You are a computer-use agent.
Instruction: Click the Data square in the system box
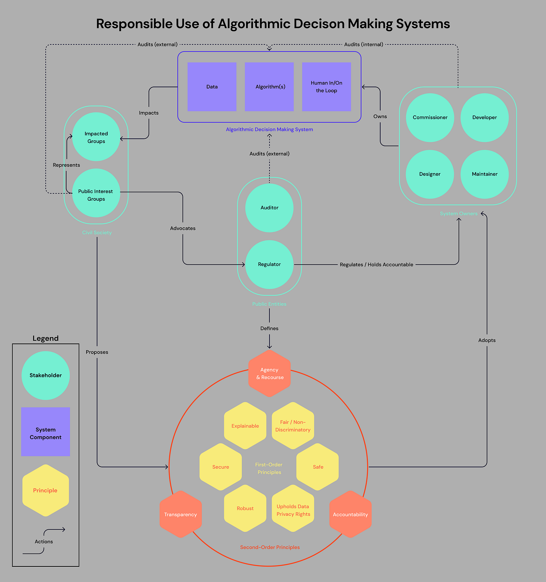click(x=212, y=87)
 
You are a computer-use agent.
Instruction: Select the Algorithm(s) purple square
click(x=269, y=87)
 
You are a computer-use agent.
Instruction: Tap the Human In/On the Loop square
click(x=326, y=87)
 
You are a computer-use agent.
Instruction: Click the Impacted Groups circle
click(x=96, y=137)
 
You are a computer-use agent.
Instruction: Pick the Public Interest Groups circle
click(x=96, y=193)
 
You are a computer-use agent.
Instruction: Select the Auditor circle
click(x=269, y=208)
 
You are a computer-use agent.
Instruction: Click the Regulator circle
click(x=269, y=264)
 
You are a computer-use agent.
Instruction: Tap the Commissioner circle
click(x=430, y=117)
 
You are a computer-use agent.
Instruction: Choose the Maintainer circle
click(x=484, y=174)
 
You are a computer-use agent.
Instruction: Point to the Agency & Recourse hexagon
click(x=269, y=373)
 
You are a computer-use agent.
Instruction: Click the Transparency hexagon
click(x=181, y=515)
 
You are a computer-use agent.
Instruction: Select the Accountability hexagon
click(x=350, y=515)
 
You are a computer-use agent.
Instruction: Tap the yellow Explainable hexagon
click(x=245, y=426)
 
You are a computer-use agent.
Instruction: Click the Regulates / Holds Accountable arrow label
click(x=376, y=265)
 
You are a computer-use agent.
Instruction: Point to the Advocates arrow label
click(x=183, y=228)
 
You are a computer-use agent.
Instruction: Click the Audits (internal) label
click(x=363, y=44)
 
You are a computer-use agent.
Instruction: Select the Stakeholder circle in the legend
click(x=46, y=375)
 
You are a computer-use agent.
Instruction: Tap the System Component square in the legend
click(x=46, y=432)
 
